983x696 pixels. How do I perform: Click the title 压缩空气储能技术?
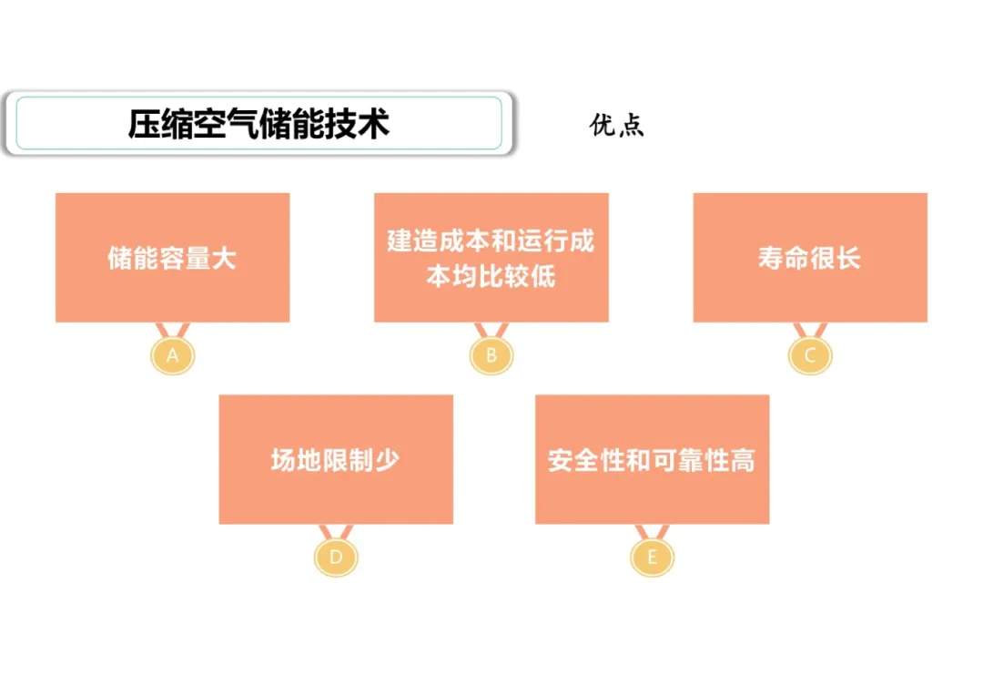[x=258, y=124]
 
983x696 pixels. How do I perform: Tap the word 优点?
[x=616, y=125]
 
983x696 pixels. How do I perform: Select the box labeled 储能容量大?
[x=172, y=258]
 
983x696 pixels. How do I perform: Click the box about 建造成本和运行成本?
[x=491, y=258]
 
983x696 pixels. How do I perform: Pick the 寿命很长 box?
[x=810, y=258]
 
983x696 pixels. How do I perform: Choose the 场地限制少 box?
[x=335, y=459]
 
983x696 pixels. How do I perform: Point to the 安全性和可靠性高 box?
[x=652, y=459]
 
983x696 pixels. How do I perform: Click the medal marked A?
[x=173, y=356]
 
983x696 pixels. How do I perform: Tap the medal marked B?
[x=491, y=356]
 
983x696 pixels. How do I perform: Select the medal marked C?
[x=810, y=356]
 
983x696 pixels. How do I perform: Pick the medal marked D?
[x=336, y=558]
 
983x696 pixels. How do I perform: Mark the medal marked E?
[x=652, y=558]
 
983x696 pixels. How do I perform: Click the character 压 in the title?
[x=144, y=124]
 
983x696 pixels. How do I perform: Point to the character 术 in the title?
[x=374, y=124]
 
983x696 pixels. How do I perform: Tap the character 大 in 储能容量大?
[x=224, y=258]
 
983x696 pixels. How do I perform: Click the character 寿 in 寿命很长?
[x=771, y=258]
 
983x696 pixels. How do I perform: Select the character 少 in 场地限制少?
[x=387, y=459]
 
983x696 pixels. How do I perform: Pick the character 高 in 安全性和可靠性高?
[x=743, y=459]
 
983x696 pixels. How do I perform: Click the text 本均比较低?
[x=491, y=275]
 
